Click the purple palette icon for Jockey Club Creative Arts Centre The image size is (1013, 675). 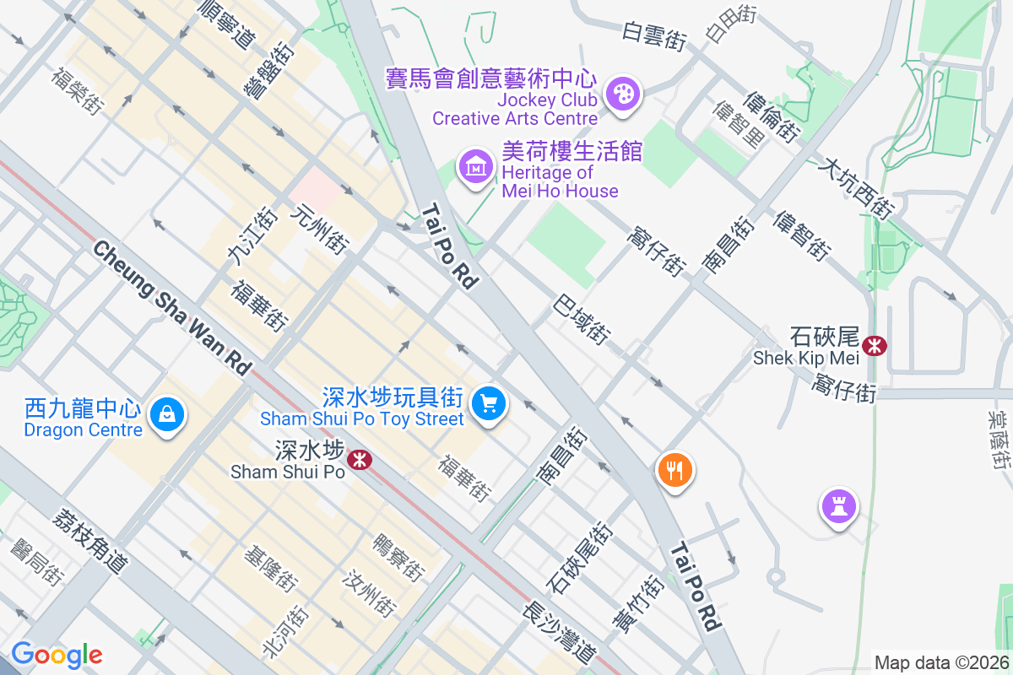coord(624,93)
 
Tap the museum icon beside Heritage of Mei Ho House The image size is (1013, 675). coord(476,165)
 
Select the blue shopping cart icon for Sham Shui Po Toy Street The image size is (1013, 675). coord(488,402)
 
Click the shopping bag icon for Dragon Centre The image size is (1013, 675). coord(167,414)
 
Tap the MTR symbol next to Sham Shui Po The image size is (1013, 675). coord(360,460)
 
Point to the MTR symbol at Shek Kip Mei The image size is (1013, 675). coord(875,344)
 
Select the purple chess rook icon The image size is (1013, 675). coord(838,507)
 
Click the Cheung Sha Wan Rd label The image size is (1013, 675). coord(172,307)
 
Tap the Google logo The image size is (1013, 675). coord(57,655)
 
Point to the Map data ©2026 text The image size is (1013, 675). coord(941,663)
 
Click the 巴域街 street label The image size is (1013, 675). coord(582,319)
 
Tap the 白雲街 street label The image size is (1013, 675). coord(653,36)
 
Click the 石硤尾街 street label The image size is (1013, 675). coord(579,557)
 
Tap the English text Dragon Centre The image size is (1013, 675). coord(84,429)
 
